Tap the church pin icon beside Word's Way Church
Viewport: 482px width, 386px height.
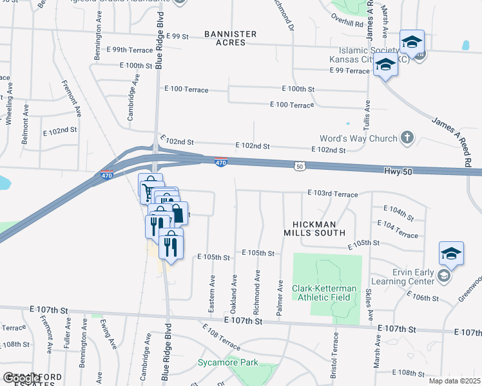pos(407,137)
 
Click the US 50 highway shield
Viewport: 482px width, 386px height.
pos(300,166)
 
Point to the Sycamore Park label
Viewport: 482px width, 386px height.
pos(228,363)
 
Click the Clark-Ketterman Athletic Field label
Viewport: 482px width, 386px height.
pos(321,292)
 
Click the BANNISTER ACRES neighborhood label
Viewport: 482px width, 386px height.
pos(231,38)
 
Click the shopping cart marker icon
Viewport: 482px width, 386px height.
pos(149,190)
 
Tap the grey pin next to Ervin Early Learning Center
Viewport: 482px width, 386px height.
pos(443,276)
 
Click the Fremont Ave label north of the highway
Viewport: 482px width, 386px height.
pos(72,97)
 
